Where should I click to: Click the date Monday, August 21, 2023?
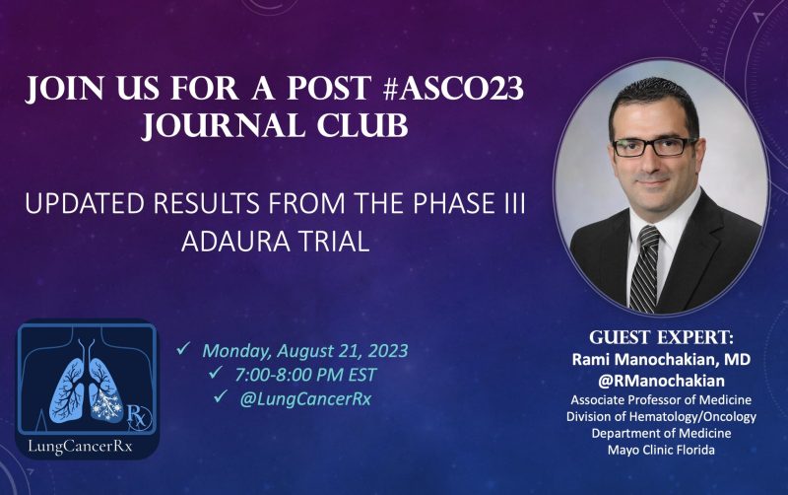pos(305,349)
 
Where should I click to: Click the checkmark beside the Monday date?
pos(182,349)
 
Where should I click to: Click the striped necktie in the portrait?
pos(646,267)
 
